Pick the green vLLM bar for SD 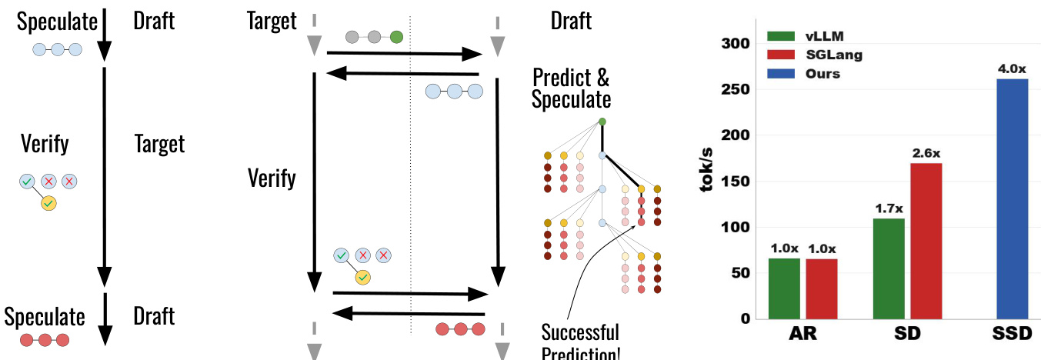click(x=889, y=268)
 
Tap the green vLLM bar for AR click(x=784, y=288)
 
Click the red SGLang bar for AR click(x=821, y=288)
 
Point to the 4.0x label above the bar click(x=1012, y=69)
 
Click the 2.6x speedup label click(x=926, y=153)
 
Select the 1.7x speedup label click(x=889, y=208)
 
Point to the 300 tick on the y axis click(x=734, y=44)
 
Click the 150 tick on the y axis click(x=734, y=182)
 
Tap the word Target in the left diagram click(x=159, y=144)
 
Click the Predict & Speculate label click(x=571, y=88)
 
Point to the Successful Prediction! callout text click(x=579, y=343)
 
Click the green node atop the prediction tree click(x=602, y=122)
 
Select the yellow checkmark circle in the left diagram click(x=48, y=204)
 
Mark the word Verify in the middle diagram click(x=272, y=178)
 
